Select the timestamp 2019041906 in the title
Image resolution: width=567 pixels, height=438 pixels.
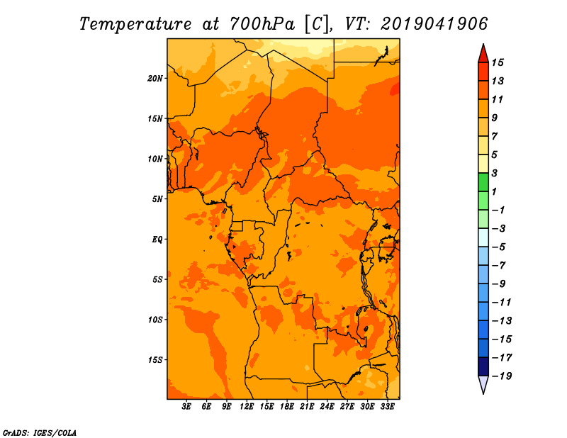tap(434, 23)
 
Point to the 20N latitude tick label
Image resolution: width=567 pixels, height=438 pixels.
tap(155, 78)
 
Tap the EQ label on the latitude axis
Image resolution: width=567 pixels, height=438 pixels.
tap(157, 239)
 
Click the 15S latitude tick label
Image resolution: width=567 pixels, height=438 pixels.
tap(155, 359)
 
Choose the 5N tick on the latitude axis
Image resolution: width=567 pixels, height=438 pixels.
tap(157, 198)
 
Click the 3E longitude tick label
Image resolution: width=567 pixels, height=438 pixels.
tap(187, 406)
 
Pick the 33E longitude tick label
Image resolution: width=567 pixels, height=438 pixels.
tap(388, 406)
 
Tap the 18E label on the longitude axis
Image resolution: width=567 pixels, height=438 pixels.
tap(287, 406)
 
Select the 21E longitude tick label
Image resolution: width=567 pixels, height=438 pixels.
tap(307, 406)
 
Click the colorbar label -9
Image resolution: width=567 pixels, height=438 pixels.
tap(498, 283)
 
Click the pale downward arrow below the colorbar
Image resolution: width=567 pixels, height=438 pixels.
tap(483, 385)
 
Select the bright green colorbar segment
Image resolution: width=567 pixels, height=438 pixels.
tap(483, 182)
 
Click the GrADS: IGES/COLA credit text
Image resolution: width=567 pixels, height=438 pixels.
tap(40, 432)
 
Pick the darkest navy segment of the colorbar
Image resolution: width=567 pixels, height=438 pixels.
tap(483, 366)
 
